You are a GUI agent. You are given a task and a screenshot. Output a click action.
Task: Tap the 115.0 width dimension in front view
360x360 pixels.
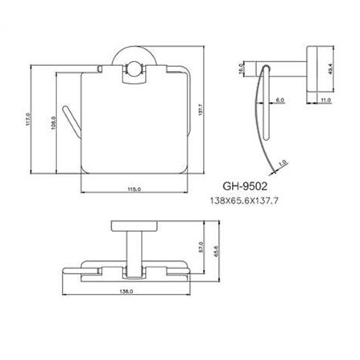pos(134,189)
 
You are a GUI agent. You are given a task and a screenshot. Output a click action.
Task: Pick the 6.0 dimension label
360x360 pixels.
pos(279,100)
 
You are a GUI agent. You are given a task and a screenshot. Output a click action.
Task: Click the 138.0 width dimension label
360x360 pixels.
pos(126,292)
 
